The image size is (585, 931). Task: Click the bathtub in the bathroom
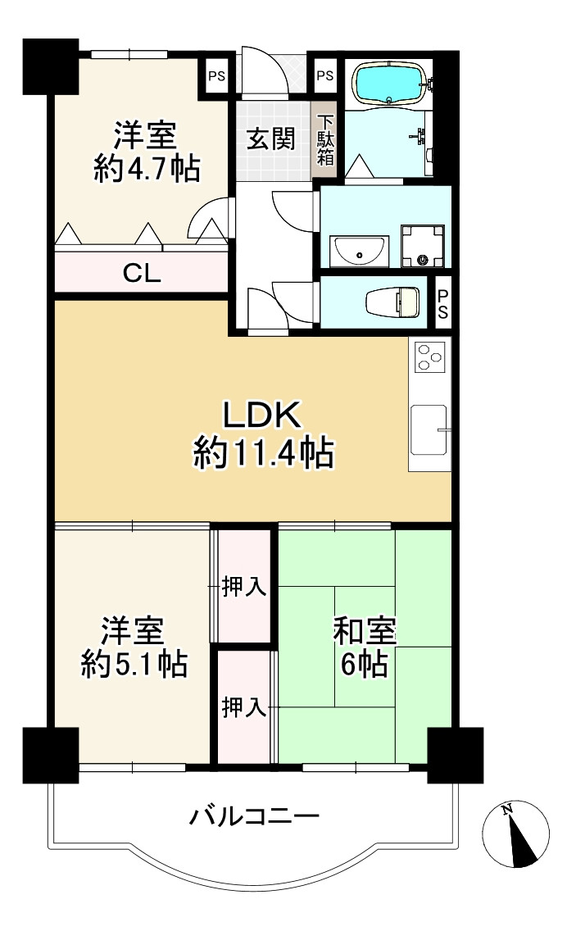388,83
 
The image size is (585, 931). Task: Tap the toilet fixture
392,302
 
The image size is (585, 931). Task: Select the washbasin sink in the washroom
359,252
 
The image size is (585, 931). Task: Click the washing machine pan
423,247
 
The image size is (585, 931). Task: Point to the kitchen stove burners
429,357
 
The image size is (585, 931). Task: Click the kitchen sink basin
429,430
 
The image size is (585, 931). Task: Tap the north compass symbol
515,833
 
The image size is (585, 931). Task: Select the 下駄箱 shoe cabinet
325,141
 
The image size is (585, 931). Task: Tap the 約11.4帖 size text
263,453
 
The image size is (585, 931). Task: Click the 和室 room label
365,631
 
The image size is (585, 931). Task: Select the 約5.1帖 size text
134,665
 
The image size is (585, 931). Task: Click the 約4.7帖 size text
147,169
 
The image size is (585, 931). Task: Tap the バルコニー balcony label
255,816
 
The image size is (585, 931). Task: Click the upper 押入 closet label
244,587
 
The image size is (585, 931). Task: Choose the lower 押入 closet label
244,707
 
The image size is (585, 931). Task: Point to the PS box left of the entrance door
216,76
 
